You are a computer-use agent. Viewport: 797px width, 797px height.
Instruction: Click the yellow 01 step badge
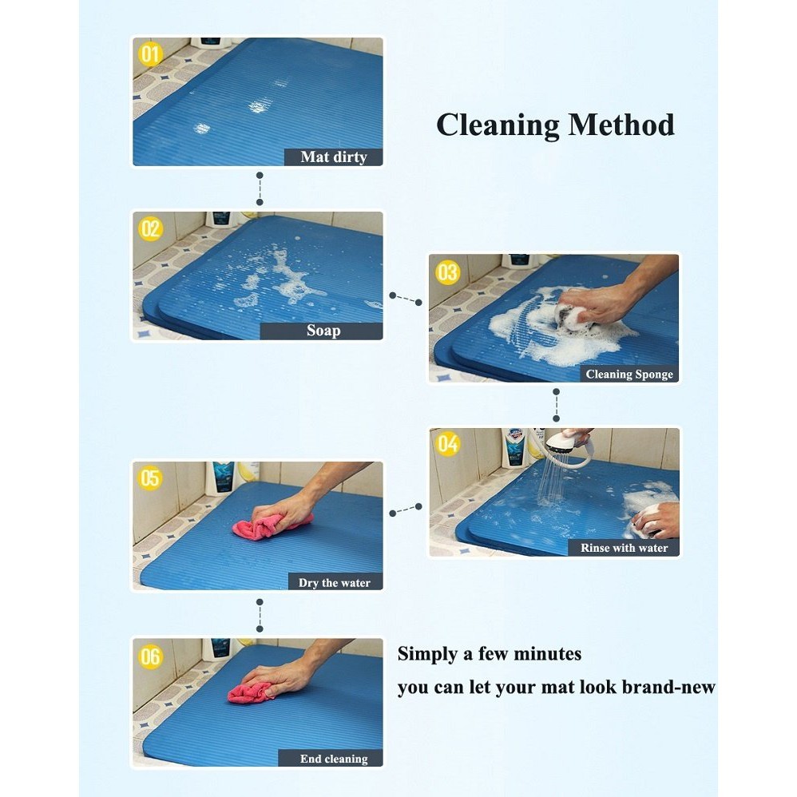pos(150,54)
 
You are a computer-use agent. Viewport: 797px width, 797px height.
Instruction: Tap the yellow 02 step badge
pos(150,228)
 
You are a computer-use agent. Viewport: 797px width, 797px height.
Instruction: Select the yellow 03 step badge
pos(447,272)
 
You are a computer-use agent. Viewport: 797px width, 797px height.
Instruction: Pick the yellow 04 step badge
pos(448,444)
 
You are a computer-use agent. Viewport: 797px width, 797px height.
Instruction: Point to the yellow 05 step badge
pos(150,478)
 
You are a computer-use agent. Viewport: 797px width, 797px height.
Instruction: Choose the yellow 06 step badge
pos(150,656)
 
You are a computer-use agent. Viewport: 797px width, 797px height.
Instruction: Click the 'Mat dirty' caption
pos(334,157)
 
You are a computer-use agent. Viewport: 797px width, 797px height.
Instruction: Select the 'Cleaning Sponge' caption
pos(629,374)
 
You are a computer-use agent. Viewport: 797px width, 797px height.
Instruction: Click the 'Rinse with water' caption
pos(624,548)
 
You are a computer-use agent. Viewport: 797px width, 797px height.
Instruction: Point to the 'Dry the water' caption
pos(335,582)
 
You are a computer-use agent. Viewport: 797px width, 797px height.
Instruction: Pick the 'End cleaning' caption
pos(334,759)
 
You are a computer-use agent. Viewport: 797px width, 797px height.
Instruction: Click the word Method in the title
pos(621,125)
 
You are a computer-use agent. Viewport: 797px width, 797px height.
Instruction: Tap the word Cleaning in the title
pos(498,126)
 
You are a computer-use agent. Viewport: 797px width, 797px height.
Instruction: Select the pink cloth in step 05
pos(272,525)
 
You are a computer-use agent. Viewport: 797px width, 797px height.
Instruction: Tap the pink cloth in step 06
pos(251,693)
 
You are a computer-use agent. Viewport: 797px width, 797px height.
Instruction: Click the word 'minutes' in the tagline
pos(547,654)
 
